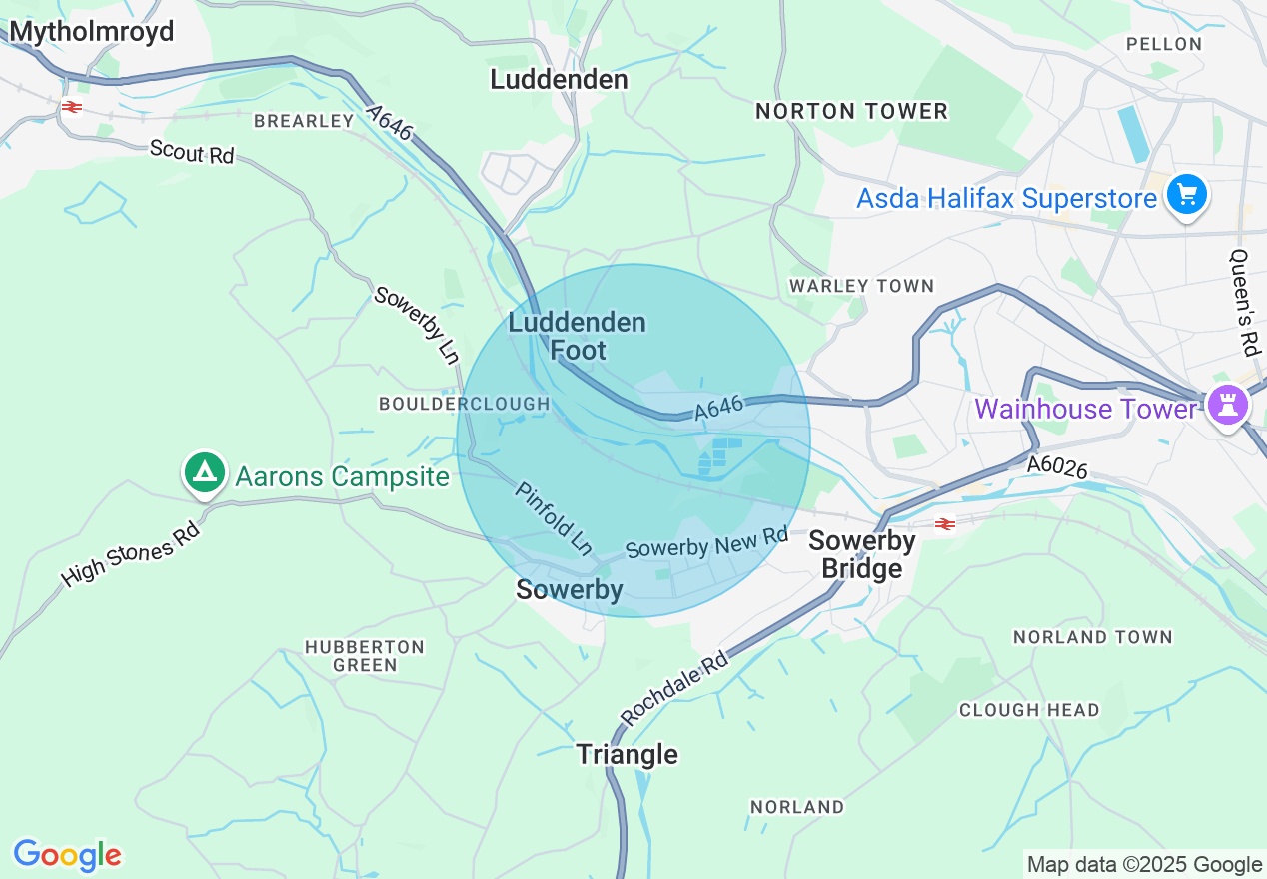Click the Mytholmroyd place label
[x=92, y=32]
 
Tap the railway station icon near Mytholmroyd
[x=71, y=107]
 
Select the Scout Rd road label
[x=191, y=152]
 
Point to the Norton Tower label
[x=851, y=111]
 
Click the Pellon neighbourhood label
[x=1163, y=44]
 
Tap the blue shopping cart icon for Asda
[x=1186, y=194]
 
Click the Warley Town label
[x=861, y=286]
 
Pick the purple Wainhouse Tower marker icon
[x=1227, y=405]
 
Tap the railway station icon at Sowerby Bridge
[x=944, y=523]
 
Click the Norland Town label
[x=1092, y=637]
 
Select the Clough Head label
[x=1029, y=710]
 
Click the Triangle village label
[x=628, y=754]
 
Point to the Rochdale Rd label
[x=674, y=689]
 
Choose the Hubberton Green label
[x=365, y=655]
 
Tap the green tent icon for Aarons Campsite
[x=206, y=472]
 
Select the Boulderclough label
[x=464, y=404]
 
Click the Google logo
[x=67, y=855]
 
